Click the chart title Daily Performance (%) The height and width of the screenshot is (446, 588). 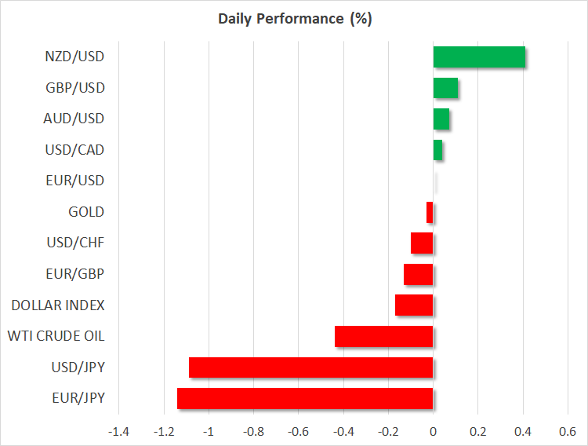294,19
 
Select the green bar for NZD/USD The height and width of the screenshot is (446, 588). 479,57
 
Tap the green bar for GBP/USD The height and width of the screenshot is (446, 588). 445,88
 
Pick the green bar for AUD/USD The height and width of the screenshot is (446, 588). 441,119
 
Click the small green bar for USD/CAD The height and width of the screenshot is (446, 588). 437,150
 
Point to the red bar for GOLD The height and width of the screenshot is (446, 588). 430,212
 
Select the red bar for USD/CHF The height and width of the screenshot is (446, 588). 422,243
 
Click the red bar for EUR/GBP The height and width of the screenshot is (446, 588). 419,274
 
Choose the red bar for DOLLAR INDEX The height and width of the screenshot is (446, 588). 414,305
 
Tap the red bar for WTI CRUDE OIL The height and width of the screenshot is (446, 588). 384,336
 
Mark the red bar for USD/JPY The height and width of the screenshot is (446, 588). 311,367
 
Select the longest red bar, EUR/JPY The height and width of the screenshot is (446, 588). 305,398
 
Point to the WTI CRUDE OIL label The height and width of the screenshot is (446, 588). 56,336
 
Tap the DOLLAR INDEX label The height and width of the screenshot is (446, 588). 58,305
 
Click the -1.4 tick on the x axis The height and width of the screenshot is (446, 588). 119,431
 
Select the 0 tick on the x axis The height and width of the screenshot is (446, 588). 434,431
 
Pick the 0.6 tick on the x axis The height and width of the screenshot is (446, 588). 568,431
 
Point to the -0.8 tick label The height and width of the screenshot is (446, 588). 253,431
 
